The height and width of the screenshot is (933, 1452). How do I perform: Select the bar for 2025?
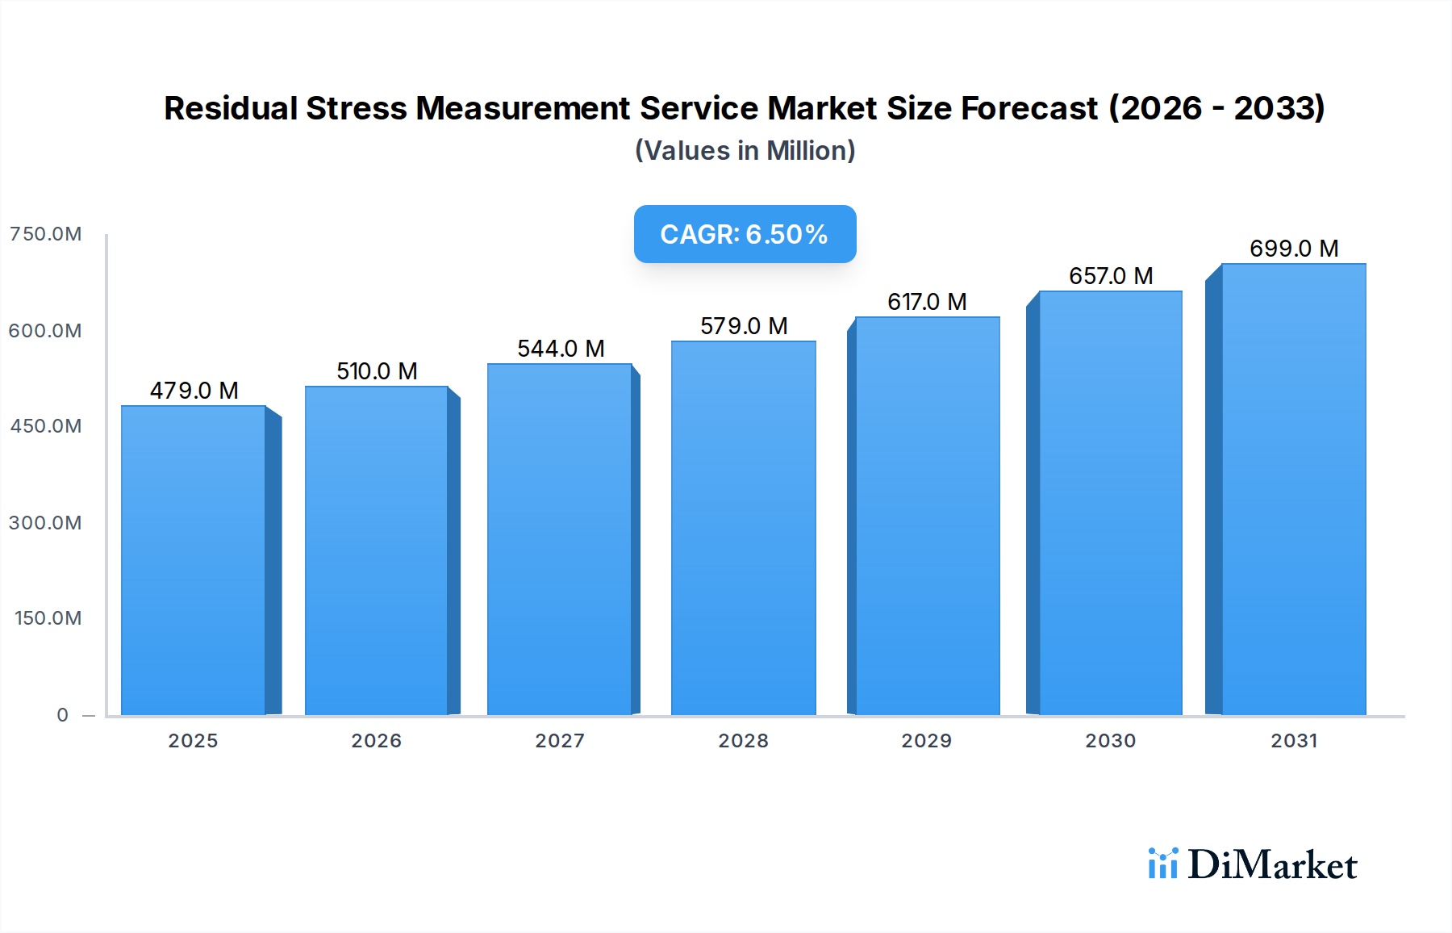[194, 560]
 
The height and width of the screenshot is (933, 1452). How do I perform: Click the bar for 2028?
[743, 528]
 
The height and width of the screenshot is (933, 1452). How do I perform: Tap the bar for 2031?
[1293, 489]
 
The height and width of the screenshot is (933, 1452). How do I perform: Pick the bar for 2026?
[376, 550]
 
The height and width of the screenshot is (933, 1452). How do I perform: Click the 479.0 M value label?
[194, 391]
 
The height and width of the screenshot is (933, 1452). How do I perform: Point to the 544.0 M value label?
[561, 349]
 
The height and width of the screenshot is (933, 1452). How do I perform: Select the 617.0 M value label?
[927, 302]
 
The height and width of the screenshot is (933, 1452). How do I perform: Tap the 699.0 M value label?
[1294, 249]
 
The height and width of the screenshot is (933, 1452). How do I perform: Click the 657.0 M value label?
[1111, 276]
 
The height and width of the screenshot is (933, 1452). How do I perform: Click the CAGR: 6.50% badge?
[745, 234]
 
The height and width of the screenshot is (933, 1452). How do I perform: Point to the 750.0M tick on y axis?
[45, 234]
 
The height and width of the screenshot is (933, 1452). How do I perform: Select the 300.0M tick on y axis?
[45, 523]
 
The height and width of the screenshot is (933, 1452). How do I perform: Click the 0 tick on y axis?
[63, 715]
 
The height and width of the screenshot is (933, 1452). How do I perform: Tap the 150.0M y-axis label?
[48, 618]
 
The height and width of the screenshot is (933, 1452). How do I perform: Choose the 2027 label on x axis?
[560, 741]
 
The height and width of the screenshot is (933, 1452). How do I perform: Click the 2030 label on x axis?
[1110, 741]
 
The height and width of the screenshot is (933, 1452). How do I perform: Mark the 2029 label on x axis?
[926, 741]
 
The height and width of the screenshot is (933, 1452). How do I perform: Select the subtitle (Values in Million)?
[745, 151]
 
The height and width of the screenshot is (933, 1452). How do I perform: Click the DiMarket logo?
[1252, 864]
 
